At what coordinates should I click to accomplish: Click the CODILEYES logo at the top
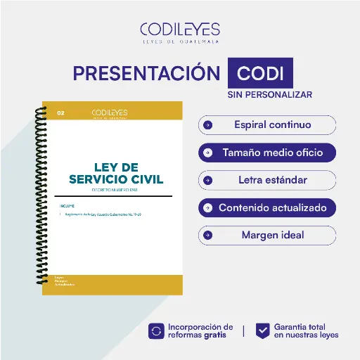click(180, 32)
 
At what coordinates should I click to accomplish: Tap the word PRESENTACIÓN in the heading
click(147, 74)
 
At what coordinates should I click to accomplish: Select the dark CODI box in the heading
click(260, 74)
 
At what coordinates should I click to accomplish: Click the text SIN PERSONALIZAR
click(269, 94)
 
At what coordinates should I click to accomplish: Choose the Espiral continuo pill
click(267, 125)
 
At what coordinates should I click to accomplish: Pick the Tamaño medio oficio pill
click(267, 153)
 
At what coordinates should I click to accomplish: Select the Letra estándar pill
click(267, 180)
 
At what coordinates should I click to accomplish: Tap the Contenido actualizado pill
click(267, 208)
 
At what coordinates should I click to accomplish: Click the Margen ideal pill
click(267, 235)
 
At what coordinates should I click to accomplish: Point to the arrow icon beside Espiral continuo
click(207, 125)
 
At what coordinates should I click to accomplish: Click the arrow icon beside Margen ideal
click(207, 235)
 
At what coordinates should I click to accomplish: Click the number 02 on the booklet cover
click(60, 112)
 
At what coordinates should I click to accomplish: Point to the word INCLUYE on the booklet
click(67, 205)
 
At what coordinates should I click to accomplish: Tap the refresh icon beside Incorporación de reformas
click(156, 331)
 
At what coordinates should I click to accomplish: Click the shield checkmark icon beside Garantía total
click(262, 331)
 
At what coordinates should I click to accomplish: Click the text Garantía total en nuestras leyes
click(306, 331)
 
